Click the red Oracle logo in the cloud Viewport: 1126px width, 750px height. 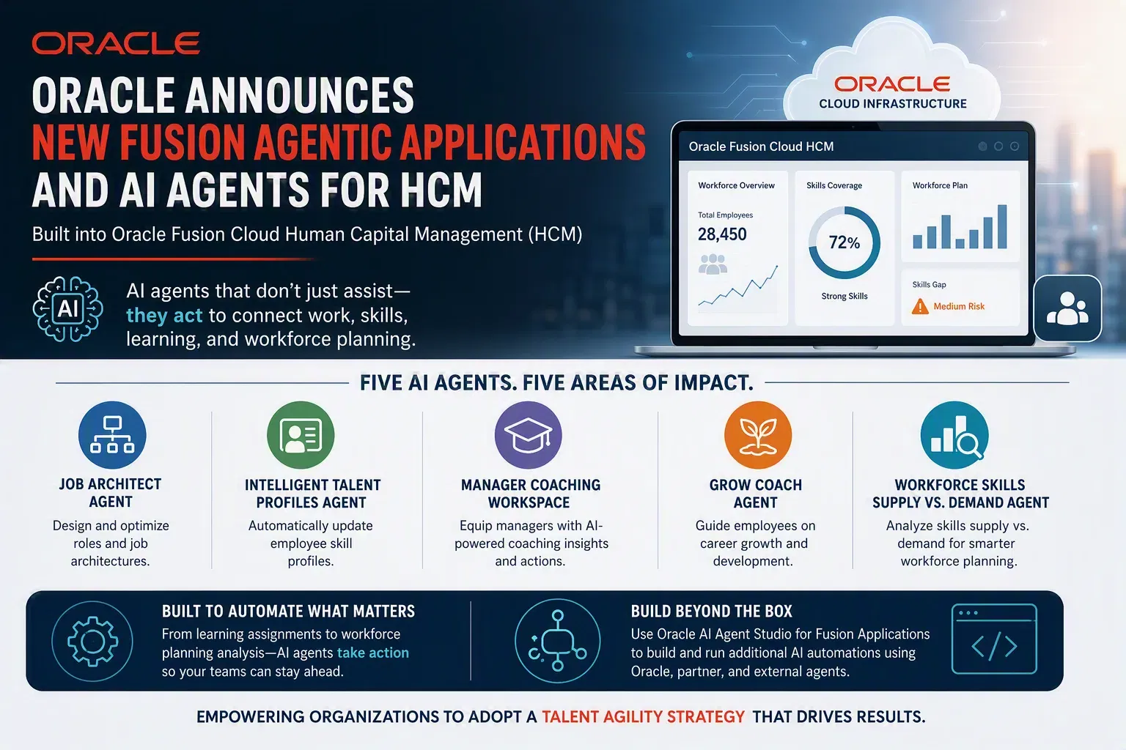pos(892,84)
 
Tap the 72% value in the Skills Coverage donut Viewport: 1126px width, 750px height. pos(844,242)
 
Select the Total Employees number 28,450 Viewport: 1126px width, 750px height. pos(722,234)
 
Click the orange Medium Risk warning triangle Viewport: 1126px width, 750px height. pos(920,306)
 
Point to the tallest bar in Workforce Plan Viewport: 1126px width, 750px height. pos(1002,226)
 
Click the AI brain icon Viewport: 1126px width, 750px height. pos(68,309)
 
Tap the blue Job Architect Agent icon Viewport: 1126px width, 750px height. pos(112,435)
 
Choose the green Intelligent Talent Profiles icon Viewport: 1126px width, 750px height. pos(301,435)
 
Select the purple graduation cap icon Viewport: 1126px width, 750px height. pos(529,435)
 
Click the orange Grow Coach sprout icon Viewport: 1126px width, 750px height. pos(758,435)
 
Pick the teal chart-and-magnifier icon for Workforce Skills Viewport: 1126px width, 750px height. pos(954,435)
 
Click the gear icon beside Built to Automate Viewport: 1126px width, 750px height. pos(92,641)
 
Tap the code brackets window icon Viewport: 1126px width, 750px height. pos(994,639)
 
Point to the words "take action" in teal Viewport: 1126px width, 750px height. pos(373,653)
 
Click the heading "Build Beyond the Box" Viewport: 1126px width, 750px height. pos(711,611)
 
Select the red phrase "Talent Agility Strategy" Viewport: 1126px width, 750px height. pos(643,716)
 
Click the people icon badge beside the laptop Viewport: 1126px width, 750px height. pos(1067,308)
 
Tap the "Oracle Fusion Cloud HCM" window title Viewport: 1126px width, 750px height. pos(761,146)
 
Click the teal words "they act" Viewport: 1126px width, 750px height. pos(164,316)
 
